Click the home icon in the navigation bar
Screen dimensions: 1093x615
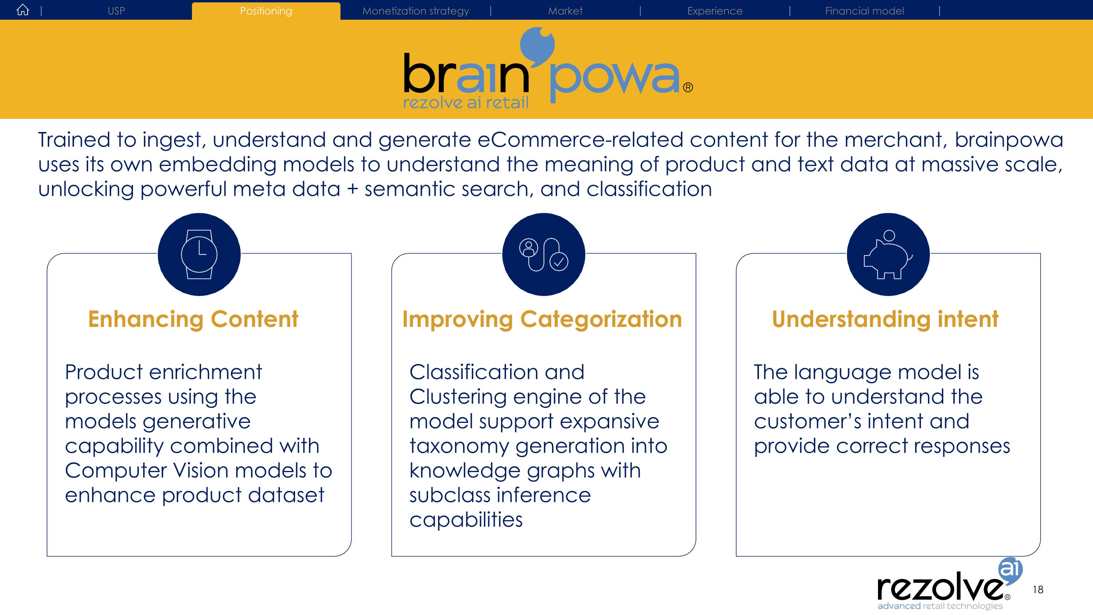(23, 10)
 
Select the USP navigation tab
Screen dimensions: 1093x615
(116, 11)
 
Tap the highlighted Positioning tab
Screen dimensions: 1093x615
(266, 11)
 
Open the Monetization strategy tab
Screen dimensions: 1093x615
(415, 11)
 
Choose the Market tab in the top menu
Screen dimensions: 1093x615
(565, 11)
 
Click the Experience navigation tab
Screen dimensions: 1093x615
(715, 11)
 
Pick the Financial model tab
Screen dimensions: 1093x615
(864, 11)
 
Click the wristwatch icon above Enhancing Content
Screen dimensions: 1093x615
(199, 254)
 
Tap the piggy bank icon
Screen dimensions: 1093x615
(888, 254)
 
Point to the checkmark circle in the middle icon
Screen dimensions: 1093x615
(559, 261)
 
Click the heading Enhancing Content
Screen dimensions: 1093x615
(193, 319)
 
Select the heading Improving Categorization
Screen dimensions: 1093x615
(542, 320)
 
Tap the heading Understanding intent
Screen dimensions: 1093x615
(885, 320)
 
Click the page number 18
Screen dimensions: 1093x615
(1038, 589)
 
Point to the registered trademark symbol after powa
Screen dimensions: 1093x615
(688, 87)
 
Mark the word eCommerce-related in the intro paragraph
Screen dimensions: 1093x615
(580, 140)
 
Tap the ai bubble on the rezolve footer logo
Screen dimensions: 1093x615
(1010, 569)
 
